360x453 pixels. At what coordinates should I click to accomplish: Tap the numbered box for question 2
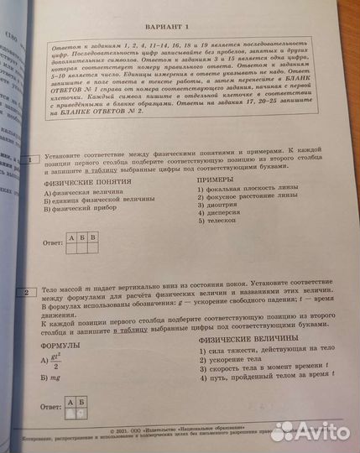(29, 293)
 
